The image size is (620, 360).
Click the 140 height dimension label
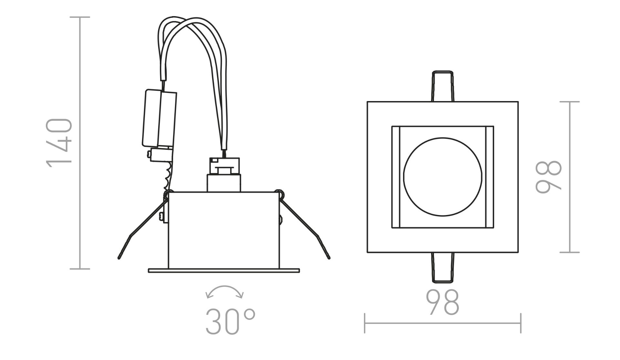59,143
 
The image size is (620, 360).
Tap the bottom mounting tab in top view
442,268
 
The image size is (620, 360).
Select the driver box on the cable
159,118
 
